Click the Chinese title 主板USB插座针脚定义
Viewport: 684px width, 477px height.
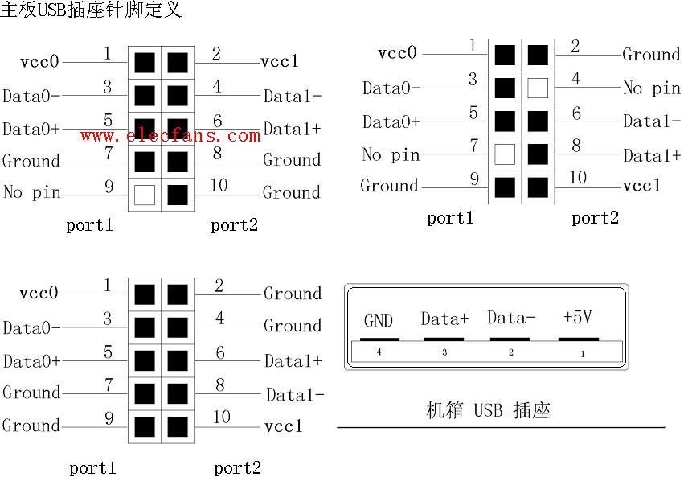pos(91,10)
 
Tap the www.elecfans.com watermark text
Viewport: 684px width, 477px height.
pos(170,136)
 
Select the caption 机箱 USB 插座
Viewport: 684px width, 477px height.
pos(488,411)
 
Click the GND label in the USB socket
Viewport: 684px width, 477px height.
pos(379,321)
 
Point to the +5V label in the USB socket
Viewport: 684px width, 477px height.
pos(578,318)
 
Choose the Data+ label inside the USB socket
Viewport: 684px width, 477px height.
pos(444,319)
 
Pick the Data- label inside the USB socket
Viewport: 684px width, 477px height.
pos(511,318)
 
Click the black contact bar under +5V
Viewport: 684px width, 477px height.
pos(579,339)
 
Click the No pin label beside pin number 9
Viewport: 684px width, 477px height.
pos(31,193)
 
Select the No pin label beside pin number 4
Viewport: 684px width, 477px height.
pos(652,88)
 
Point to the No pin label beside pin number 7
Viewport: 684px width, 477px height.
pos(391,154)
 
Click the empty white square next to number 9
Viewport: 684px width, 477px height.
pos(145,194)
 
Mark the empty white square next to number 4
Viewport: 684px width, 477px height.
pos(538,88)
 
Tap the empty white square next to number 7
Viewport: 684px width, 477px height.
pos(505,154)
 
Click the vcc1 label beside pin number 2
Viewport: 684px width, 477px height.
pos(280,61)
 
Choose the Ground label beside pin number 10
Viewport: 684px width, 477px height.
pos(292,193)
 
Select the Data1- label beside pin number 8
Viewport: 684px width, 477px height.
pos(295,395)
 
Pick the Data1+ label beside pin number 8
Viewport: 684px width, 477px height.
pos(653,155)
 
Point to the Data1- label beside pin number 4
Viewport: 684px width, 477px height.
pos(293,97)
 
